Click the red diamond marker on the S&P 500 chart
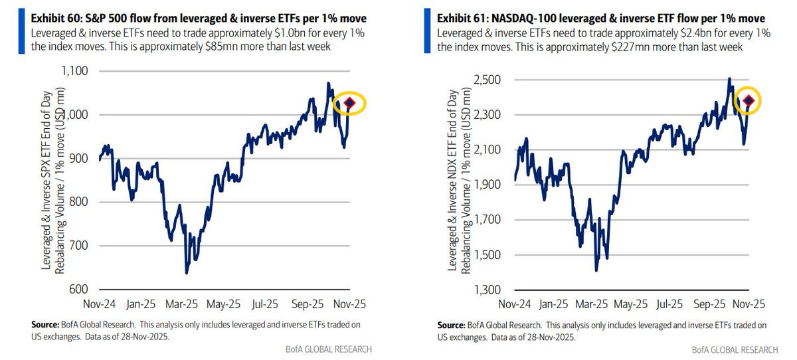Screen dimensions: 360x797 pos(350,103)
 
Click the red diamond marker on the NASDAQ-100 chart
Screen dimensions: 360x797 pos(749,101)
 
